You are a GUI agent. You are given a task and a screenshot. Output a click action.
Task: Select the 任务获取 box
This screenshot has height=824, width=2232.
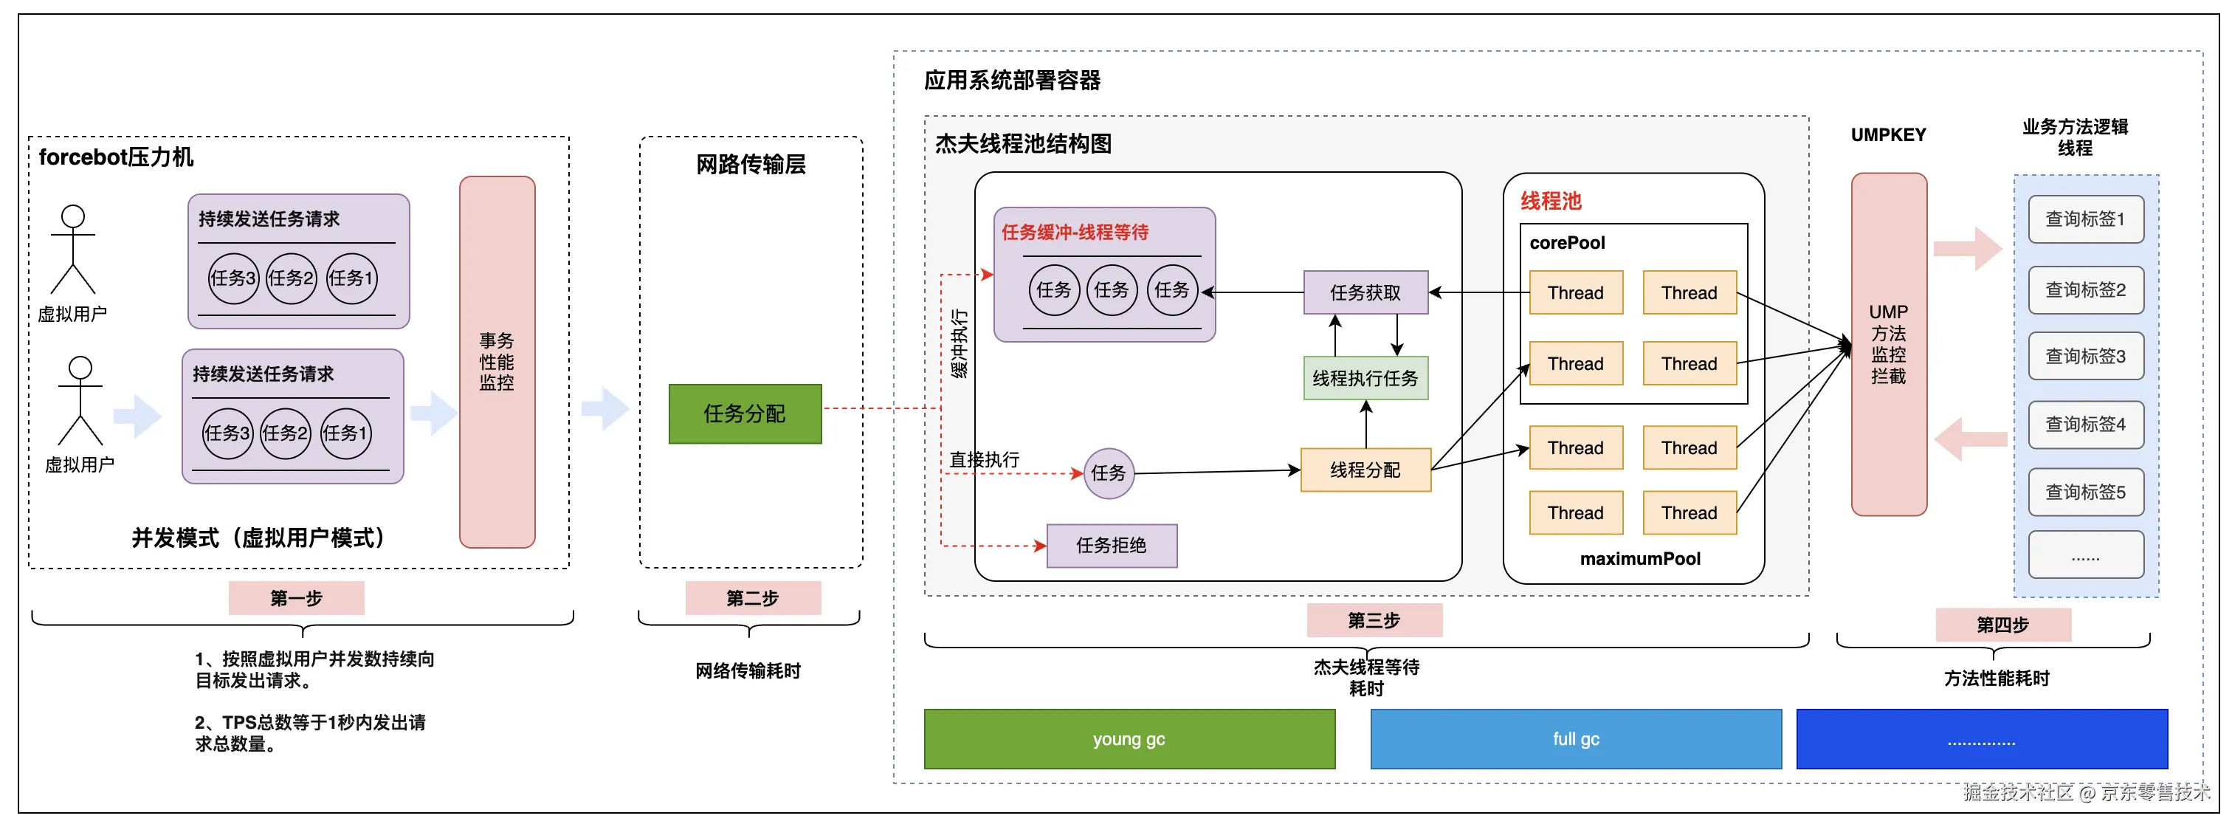point(1365,293)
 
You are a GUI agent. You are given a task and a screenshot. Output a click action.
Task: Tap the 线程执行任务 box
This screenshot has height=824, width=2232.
point(1365,378)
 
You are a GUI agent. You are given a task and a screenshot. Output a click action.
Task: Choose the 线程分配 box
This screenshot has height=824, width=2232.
point(1365,470)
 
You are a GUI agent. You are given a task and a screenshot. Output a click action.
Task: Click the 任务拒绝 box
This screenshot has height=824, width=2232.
point(1111,545)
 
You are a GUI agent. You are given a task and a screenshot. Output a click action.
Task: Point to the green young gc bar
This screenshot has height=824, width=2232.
point(1129,739)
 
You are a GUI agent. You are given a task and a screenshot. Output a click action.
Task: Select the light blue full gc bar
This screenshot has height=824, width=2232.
point(1575,739)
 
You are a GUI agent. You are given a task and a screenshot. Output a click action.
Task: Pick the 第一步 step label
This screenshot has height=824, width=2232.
point(296,598)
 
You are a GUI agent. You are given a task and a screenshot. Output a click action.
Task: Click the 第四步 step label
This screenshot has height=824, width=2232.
point(2002,625)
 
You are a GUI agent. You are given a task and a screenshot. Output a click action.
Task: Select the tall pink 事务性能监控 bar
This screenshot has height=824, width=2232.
point(497,363)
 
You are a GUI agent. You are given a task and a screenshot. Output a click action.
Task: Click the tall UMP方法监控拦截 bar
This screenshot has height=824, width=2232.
point(1888,344)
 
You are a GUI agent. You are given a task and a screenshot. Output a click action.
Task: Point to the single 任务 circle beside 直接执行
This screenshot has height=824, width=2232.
point(1108,473)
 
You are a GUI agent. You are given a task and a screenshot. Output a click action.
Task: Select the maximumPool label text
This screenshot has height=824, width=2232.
point(1639,559)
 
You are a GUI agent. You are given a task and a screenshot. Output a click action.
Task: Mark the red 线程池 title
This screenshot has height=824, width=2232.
point(1550,201)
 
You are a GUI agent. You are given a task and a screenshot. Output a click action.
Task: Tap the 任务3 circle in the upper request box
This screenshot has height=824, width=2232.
point(233,278)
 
